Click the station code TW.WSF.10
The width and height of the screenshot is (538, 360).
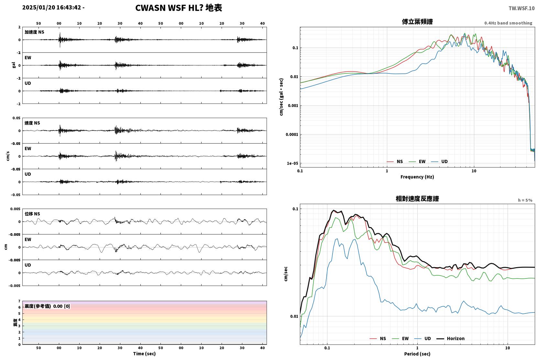point(522,8)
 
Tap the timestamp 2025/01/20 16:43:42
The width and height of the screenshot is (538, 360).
point(52,7)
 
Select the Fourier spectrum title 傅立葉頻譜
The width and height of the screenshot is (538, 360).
point(417,22)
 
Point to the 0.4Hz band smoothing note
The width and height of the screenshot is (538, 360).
point(508,23)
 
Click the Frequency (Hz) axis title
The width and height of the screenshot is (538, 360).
point(417,177)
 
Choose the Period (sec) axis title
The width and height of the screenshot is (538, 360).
point(417,354)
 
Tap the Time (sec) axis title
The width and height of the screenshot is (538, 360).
point(144,354)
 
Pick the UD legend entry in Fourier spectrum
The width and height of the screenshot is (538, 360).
point(439,161)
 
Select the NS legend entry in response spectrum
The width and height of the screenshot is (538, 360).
point(378,338)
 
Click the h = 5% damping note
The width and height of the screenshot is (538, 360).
point(525,200)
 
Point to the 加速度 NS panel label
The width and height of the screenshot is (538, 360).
point(34,32)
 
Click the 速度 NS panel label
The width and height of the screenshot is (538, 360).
point(32,123)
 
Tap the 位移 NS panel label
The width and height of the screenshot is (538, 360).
point(32,214)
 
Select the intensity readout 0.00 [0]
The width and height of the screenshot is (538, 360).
point(61,306)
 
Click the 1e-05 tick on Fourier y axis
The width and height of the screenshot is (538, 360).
point(292,163)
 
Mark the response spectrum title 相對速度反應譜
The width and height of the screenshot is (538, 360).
point(417,199)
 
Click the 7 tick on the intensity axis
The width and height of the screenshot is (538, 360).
point(19,301)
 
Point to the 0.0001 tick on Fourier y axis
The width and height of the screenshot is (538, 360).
point(292,135)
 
